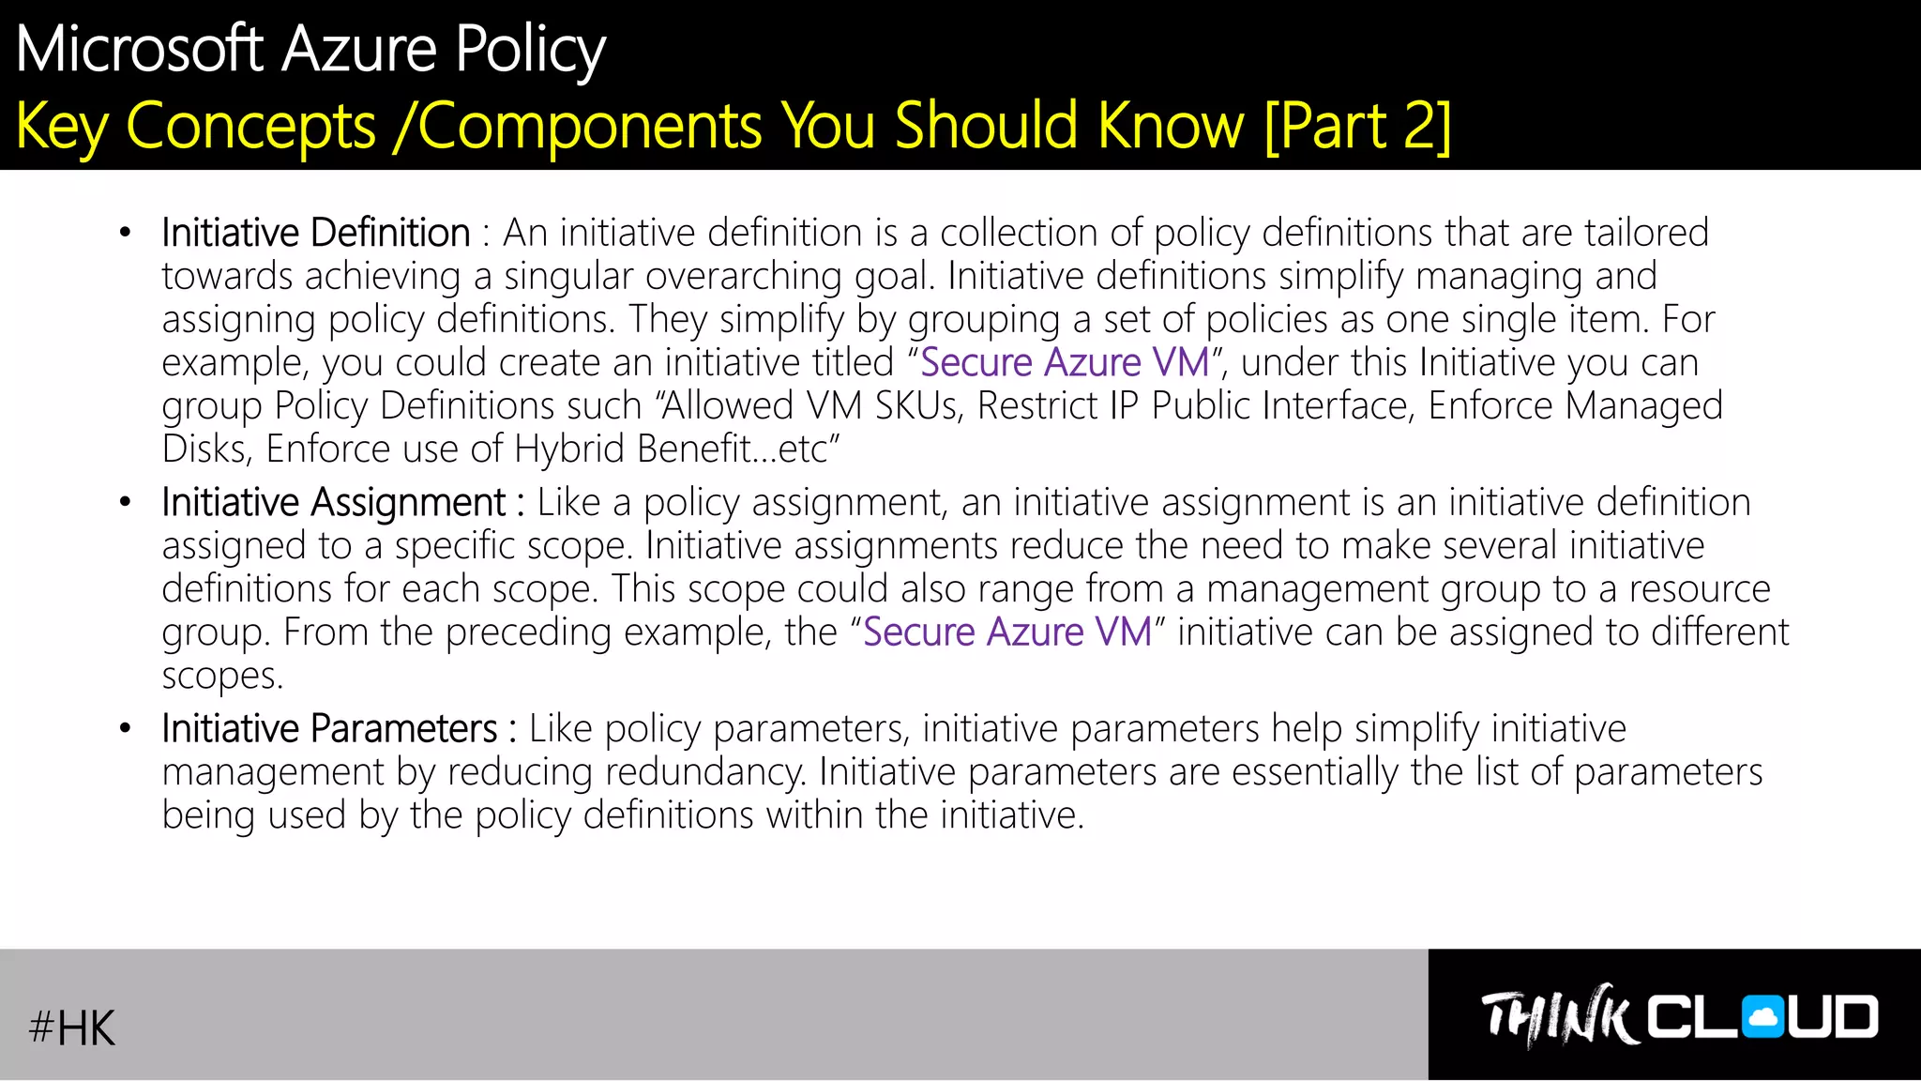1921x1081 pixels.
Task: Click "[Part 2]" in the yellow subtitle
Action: (1357, 126)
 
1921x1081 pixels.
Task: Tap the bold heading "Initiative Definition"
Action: (315, 233)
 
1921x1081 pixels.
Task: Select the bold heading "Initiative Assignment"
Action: (333, 503)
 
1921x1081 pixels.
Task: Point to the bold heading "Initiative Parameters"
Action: (329, 729)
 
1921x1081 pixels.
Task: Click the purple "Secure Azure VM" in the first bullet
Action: (1065, 363)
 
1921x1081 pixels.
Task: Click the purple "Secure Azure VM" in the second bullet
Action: (1007, 632)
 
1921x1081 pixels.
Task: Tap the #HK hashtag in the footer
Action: (72, 1028)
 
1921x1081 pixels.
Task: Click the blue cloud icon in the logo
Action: (1763, 1017)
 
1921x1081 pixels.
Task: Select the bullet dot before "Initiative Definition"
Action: (126, 233)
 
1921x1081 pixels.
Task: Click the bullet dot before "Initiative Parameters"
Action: (126, 729)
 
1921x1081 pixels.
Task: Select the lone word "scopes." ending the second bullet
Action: (222, 676)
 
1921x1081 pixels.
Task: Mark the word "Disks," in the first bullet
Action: (206, 449)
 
